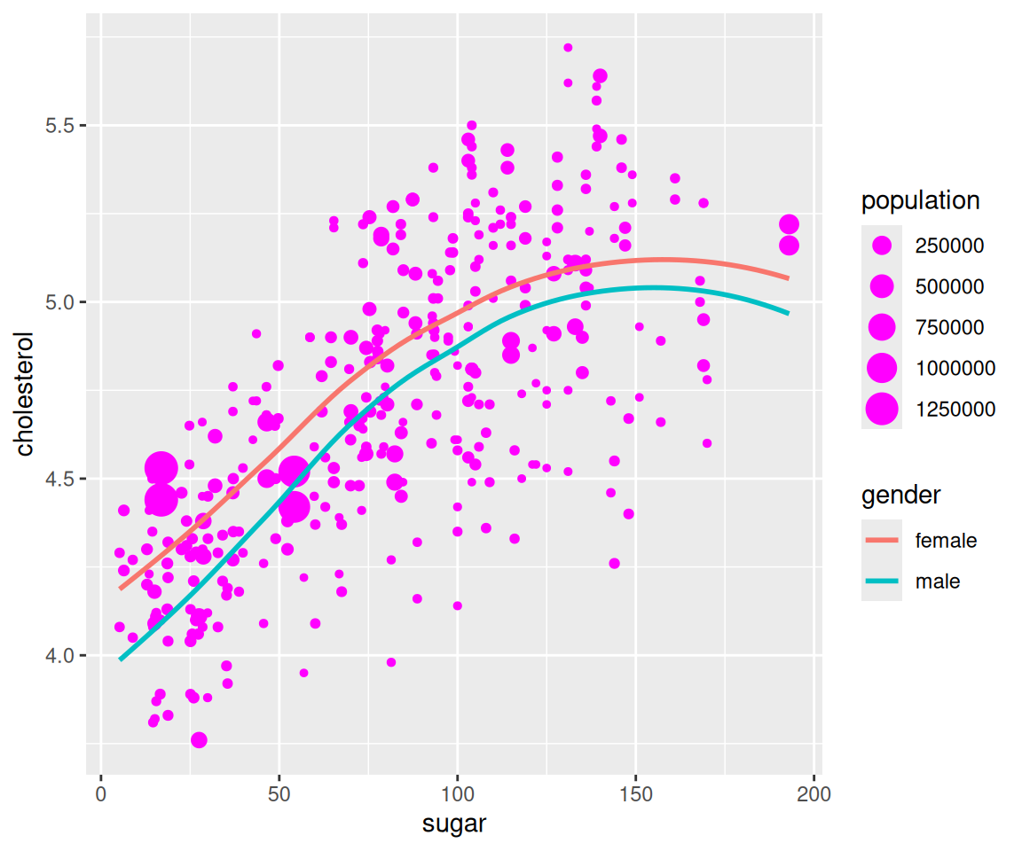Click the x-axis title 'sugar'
(453, 824)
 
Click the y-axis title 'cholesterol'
(24, 394)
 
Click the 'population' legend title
(920, 200)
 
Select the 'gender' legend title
(900, 495)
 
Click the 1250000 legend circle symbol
(882, 409)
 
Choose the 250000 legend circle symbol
(882, 246)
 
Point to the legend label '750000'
(949, 327)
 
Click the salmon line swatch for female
(882, 540)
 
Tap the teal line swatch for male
(882, 582)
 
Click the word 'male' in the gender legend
(937, 582)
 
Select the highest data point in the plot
(568, 48)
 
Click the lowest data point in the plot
(199, 740)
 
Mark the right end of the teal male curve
(789, 313)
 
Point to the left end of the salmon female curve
(121, 588)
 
